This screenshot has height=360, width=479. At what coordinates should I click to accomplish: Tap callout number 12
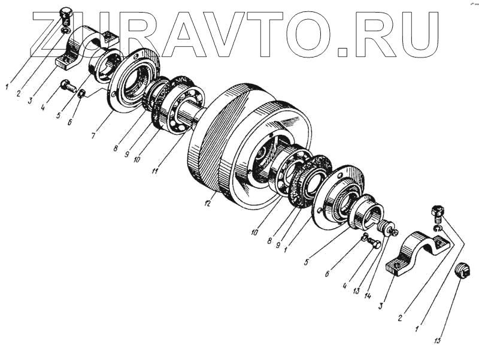coord(207,203)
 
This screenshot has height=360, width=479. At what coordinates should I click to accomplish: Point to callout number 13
coord(356,291)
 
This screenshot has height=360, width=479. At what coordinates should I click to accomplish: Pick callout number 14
coord(368,295)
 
